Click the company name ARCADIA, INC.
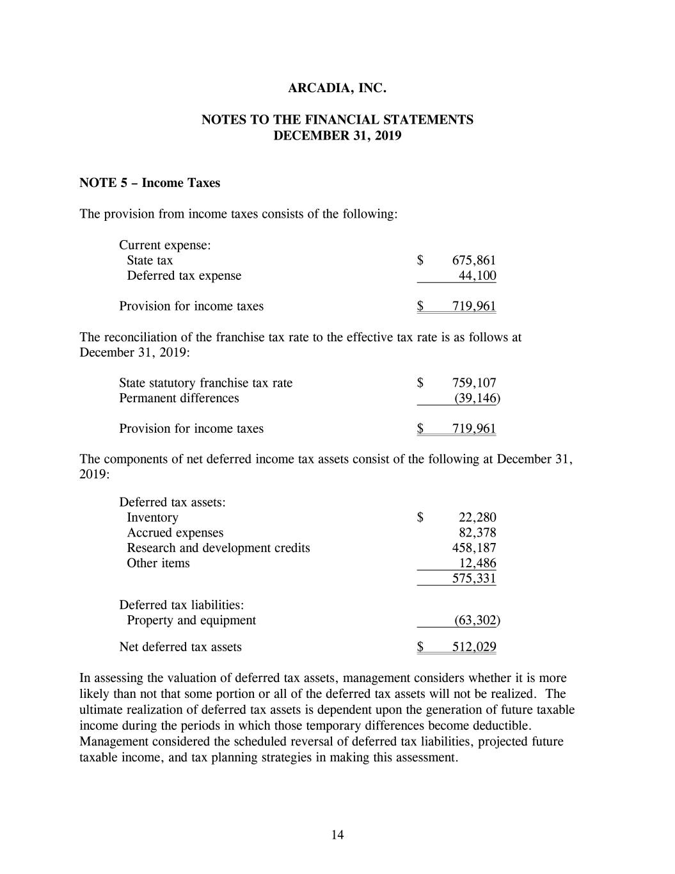click(337, 88)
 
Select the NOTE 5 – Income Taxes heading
click(150, 183)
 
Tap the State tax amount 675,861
click(473, 261)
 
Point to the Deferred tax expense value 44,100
click(477, 276)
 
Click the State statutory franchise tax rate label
click(205, 384)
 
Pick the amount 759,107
click(473, 384)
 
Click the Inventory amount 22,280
click(477, 518)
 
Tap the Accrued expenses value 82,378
click(477, 533)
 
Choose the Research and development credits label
click(218, 548)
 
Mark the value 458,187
click(473, 548)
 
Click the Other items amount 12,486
click(477, 563)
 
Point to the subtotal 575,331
click(473, 579)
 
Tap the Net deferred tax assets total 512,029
click(473, 647)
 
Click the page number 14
click(337, 834)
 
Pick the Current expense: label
click(165, 245)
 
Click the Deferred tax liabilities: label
click(182, 605)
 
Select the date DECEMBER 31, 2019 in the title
click(337, 136)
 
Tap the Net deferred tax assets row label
click(180, 647)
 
